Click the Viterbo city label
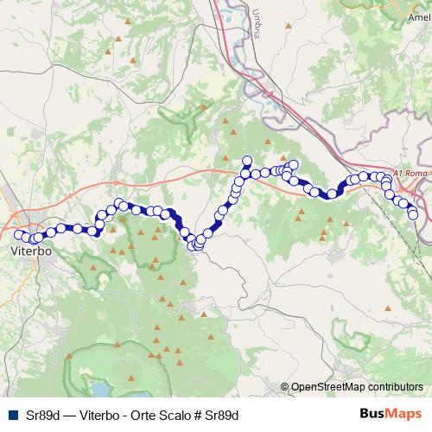click(34, 251)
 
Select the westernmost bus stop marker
click(18, 233)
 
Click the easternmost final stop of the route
click(413, 213)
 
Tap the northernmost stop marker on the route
click(246, 160)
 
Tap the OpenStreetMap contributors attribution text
click(357, 387)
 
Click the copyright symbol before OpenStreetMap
click(285, 387)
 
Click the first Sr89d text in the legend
click(43, 416)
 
